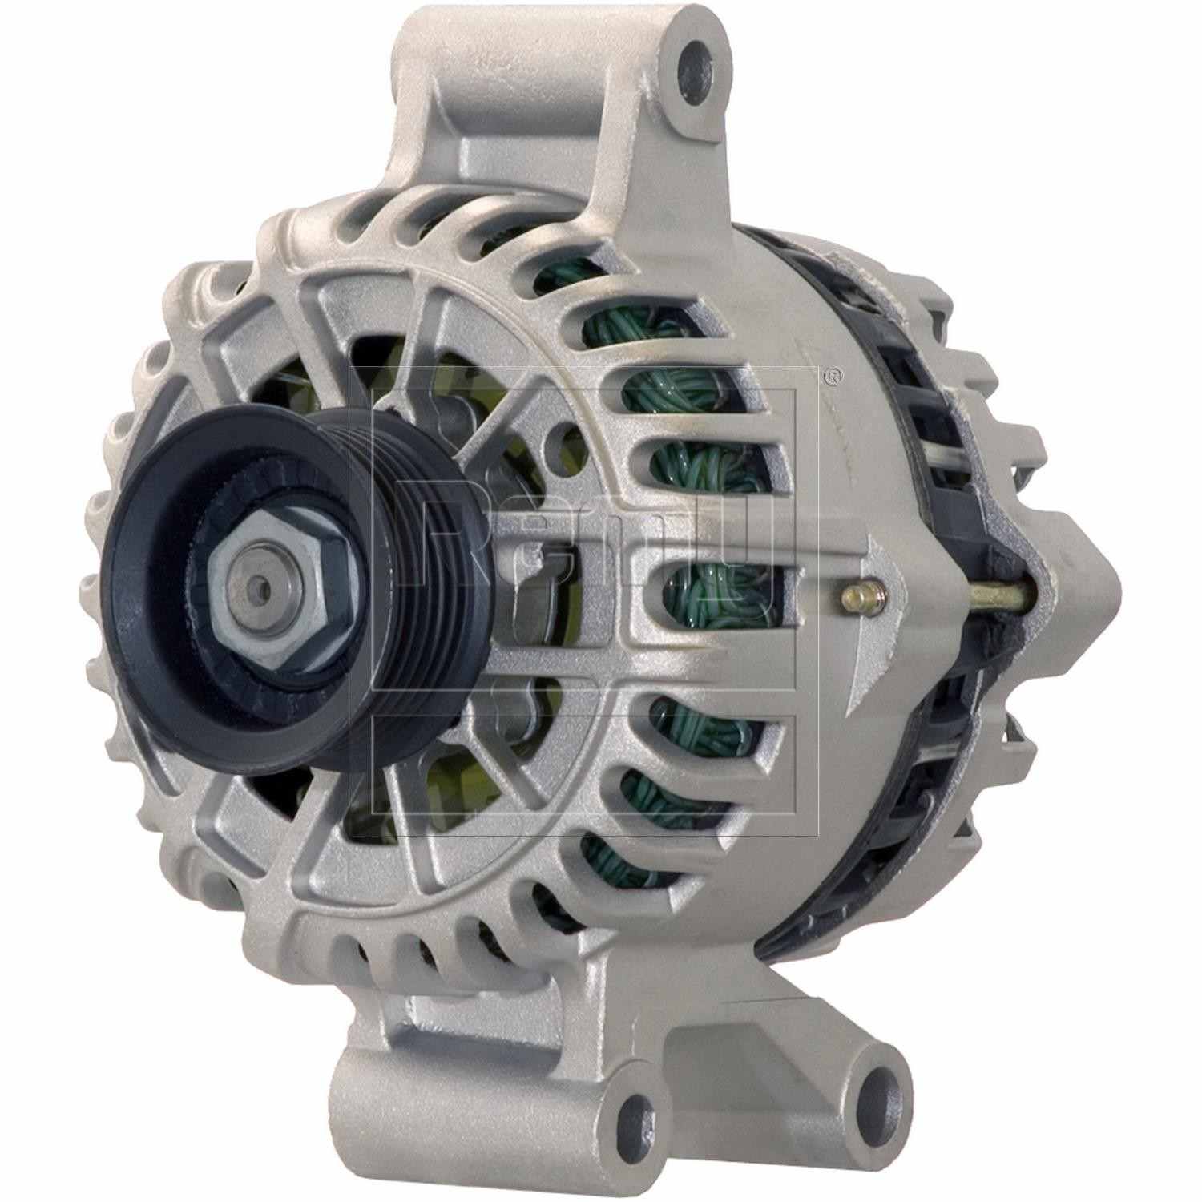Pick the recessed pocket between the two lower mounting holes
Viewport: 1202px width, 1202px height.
[745, 1066]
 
